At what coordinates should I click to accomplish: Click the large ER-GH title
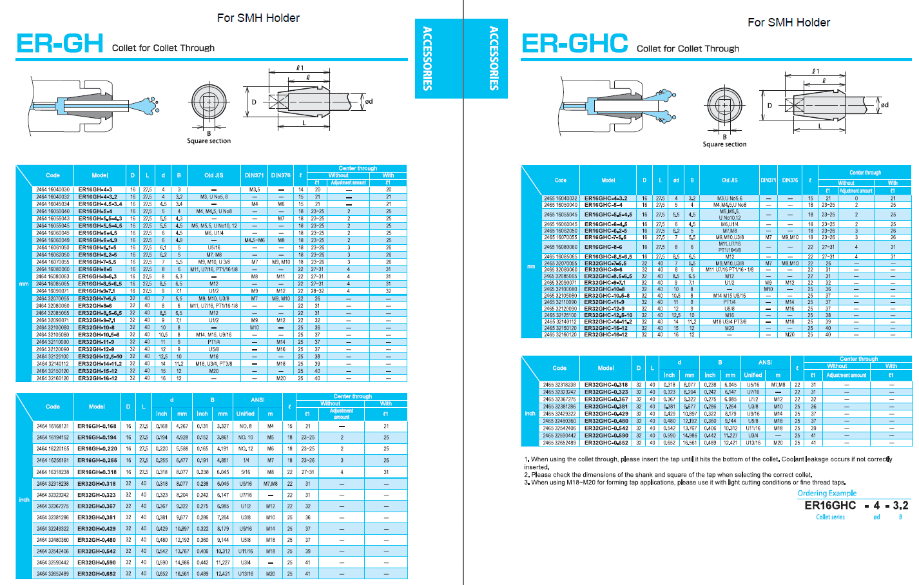point(59,44)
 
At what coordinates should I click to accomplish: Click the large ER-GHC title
point(574,44)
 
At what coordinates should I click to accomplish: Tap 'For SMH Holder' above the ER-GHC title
point(788,23)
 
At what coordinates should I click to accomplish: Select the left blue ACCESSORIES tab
point(427,58)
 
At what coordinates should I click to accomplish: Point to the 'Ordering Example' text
point(827,493)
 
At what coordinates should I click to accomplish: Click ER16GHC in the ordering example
point(830,506)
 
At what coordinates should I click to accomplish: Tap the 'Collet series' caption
point(830,517)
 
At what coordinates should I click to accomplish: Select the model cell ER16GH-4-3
point(95,189)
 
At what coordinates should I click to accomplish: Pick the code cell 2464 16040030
point(53,189)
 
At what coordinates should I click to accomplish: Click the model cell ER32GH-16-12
point(97,378)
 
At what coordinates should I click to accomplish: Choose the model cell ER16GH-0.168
point(97,426)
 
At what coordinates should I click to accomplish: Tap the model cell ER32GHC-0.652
point(606,443)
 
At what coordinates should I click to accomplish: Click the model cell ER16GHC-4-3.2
point(605,198)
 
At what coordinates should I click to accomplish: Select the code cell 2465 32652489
point(559,443)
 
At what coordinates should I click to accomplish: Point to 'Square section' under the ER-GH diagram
point(209,140)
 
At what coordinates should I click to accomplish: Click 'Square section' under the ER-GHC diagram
point(724,144)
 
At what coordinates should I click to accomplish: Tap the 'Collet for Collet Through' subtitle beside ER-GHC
point(688,48)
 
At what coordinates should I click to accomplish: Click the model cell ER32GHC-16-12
point(605,334)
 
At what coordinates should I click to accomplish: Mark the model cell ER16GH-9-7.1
point(97,291)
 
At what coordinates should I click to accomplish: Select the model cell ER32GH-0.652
point(97,573)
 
